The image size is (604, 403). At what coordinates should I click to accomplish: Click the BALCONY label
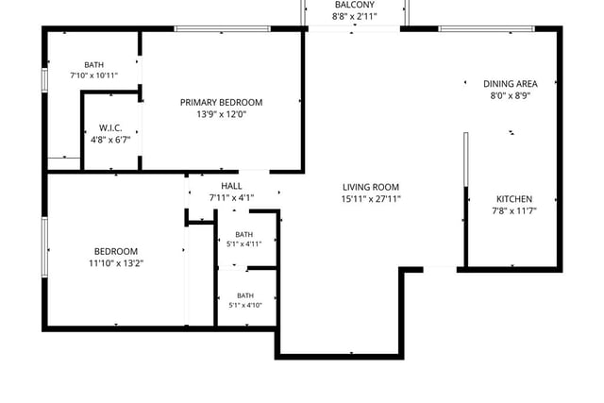(355, 5)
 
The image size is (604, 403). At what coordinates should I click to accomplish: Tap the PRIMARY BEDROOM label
(222, 103)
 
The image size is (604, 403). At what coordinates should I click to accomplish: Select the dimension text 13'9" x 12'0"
(222, 114)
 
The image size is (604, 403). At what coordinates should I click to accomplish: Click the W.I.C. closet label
(110, 128)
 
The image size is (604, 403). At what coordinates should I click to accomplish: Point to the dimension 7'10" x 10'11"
(94, 76)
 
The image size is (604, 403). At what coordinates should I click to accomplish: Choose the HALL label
(231, 186)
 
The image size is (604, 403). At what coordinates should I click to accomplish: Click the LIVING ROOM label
(371, 187)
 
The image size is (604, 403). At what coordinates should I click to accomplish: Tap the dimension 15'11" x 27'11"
(371, 199)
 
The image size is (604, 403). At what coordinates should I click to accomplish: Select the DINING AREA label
(511, 84)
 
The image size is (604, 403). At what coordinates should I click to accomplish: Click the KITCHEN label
(514, 199)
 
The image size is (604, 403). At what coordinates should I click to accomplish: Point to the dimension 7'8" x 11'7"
(514, 211)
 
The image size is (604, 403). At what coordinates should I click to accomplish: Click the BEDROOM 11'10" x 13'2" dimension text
(116, 263)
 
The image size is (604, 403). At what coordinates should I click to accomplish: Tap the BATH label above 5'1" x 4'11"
(244, 234)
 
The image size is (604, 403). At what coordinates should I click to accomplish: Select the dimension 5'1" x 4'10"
(245, 305)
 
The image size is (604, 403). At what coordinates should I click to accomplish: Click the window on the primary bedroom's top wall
(223, 29)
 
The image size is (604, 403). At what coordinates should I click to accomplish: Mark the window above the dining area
(487, 29)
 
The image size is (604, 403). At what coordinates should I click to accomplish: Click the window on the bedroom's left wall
(44, 247)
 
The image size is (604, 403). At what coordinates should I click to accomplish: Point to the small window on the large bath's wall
(44, 80)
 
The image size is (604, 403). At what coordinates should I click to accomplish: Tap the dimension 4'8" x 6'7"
(110, 140)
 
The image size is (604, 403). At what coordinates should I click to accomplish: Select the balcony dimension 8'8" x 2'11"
(355, 16)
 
